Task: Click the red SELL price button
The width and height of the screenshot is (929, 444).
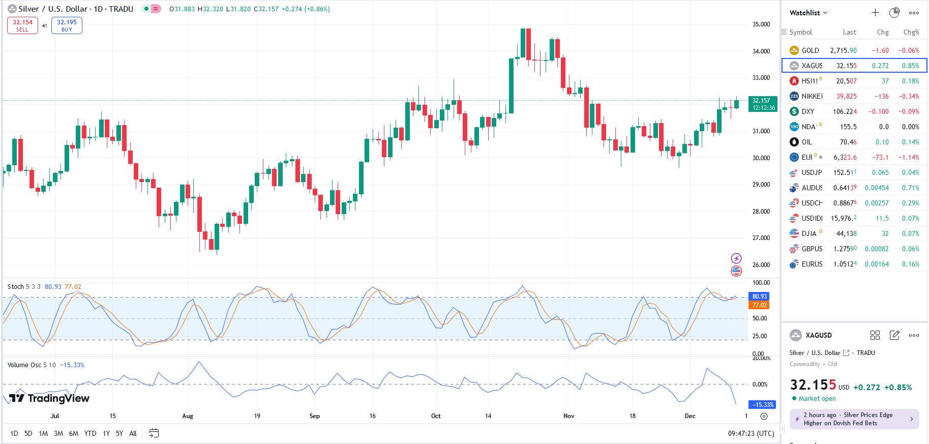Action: (x=22, y=25)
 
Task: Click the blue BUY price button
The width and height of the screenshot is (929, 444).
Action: (x=67, y=25)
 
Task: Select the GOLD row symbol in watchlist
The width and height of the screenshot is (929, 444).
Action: (x=810, y=50)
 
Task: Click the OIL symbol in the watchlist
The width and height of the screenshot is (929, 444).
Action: (x=806, y=142)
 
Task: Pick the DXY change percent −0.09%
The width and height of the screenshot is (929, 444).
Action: (x=909, y=111)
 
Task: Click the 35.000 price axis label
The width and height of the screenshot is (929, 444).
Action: (x=761, y=24)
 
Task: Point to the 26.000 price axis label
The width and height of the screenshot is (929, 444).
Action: (x=761, y=264)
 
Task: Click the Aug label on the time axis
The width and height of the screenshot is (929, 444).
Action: (x=188, y=416)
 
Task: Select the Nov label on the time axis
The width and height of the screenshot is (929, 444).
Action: (x=568, y=416)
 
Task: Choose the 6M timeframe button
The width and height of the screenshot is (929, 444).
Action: (x=74, y=433)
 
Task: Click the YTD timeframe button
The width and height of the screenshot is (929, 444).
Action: (x=90, y=433)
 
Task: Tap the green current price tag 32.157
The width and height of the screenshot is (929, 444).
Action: (x=763, y=104)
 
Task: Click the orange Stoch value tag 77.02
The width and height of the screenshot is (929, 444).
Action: (x=759, y=305)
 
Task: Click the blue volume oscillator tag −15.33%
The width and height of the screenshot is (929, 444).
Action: (x=763, y=405)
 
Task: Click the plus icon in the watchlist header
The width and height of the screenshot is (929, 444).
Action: (x=875, y=13)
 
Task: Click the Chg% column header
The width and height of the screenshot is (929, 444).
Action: (x=911, y=32)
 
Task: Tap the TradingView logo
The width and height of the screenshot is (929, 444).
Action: (x=49, y=398)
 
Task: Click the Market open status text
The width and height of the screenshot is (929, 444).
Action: (x=817, y=399)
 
